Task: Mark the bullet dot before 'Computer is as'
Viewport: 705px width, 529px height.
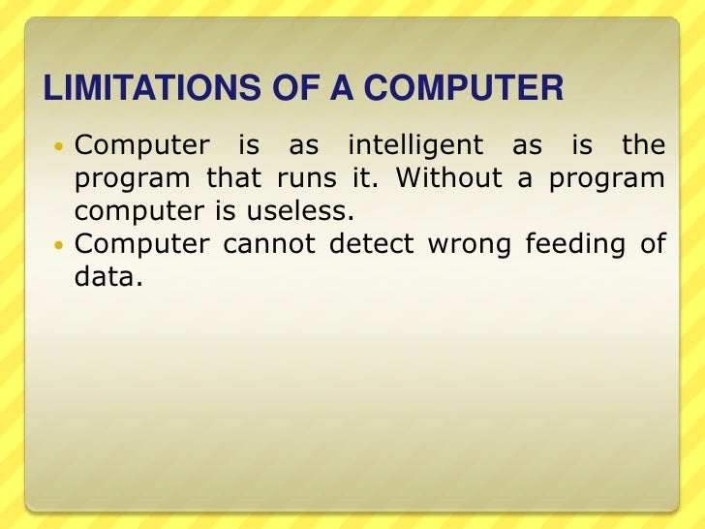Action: tap(56, 147)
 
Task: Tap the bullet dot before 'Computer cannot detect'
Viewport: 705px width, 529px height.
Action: tap(56, 245)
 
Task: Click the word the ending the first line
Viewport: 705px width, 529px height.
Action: tap(644, 146)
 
